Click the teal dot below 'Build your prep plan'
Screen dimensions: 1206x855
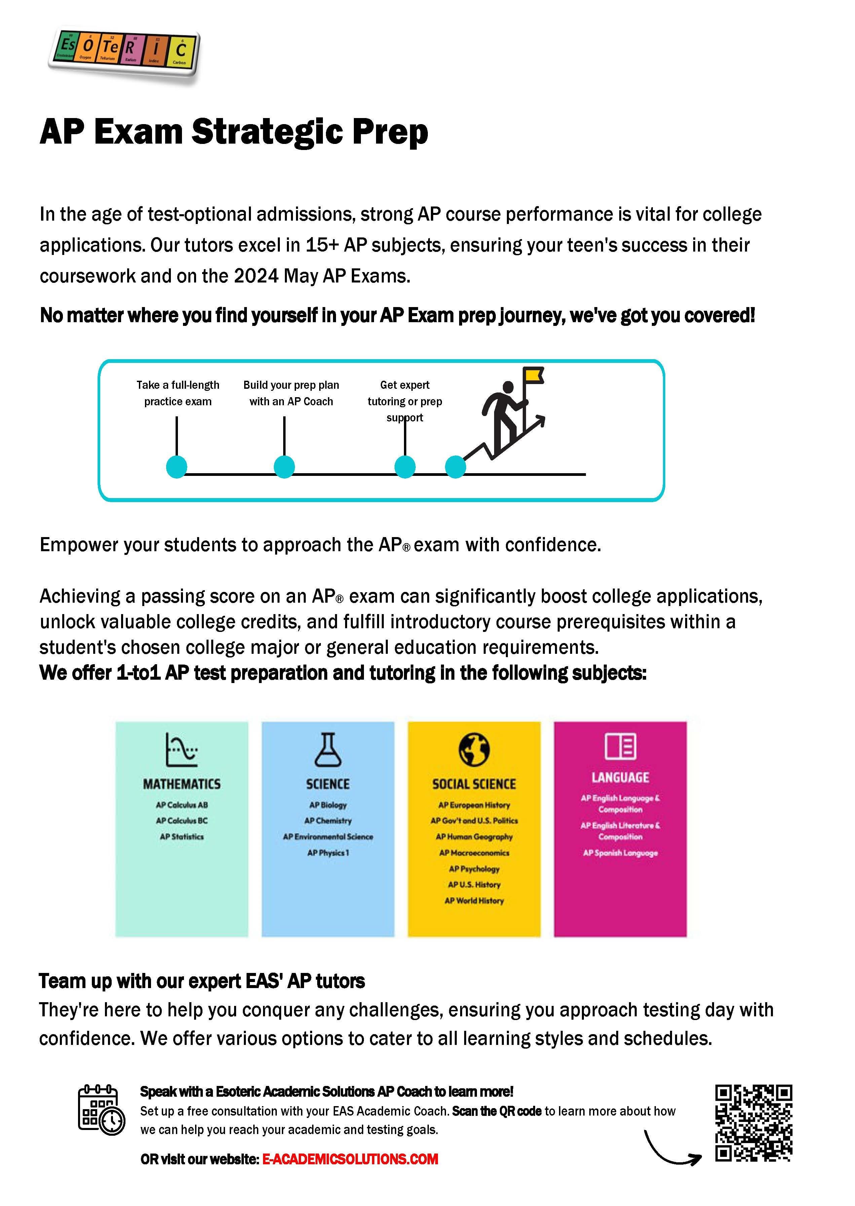[x=284, y=466]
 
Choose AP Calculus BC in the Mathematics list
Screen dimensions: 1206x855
[x=182, y=821]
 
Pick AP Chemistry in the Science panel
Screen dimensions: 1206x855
[x=328, y=821]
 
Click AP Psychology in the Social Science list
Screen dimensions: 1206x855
[x=474, y=869]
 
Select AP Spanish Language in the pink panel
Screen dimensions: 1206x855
[x=620, y=853]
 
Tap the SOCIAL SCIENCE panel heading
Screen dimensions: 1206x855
[x=474, y=784]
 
